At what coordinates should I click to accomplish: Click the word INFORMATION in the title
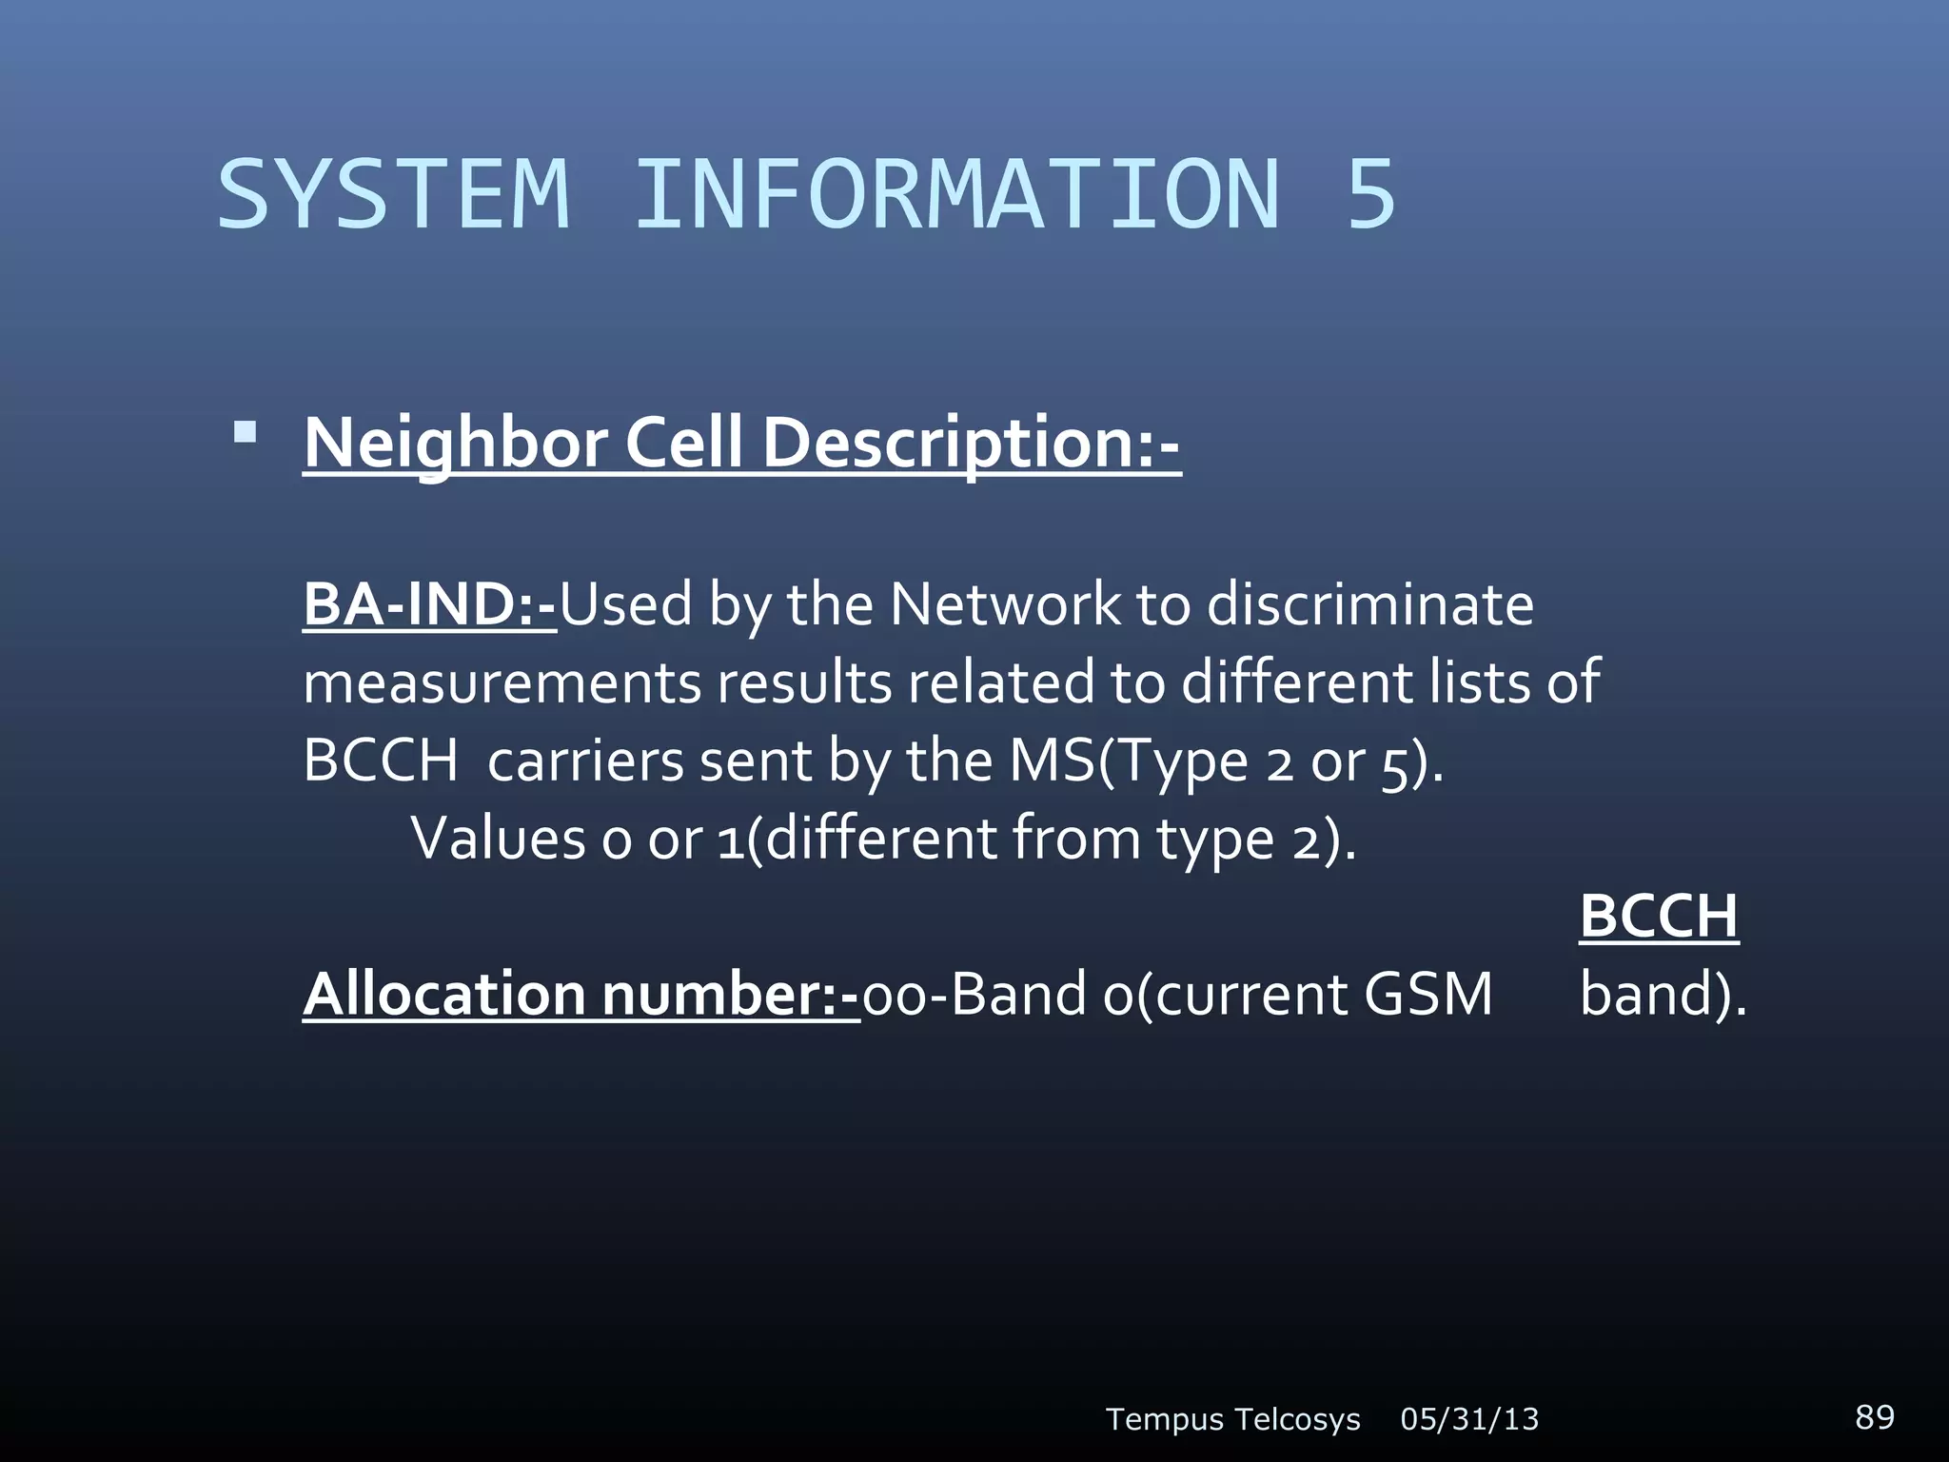click(x=957, y=195)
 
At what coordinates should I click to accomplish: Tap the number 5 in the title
click(x=1370, y=195)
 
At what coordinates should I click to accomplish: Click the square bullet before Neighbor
click(x=246, y=434)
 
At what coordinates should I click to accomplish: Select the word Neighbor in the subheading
click(x=455, y=444)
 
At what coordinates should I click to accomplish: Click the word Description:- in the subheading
click(x=971, y=444)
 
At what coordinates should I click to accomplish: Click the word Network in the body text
click(x=1005, y=604)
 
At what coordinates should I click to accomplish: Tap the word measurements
click(x=501, y=683)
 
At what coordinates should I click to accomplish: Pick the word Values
click(x=498, y=839)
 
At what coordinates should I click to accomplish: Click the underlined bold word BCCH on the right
click(x=1659, y=916)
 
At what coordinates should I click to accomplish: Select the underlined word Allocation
click(x=443, y=995)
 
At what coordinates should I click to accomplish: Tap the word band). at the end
click(x=1663, y=995)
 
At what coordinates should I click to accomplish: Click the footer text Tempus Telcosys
click(x=1232, y=1419)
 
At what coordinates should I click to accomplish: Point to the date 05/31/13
click(x=1469, y=1419)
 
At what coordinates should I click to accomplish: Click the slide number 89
click(x=1874, y=1416)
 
